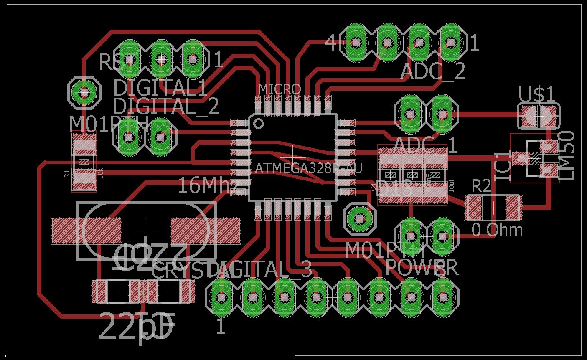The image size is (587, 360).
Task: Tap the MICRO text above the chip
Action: (280, 89)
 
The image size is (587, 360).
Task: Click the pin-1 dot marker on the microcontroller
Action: (259, 123)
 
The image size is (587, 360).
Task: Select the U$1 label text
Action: (537, 94)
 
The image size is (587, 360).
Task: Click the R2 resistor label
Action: (481, 186)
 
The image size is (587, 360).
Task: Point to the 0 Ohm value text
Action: (497, 230)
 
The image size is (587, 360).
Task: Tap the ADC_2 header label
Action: (433, 71)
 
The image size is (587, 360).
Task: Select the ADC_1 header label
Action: (425, 145)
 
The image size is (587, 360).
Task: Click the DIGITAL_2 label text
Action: (166, 106)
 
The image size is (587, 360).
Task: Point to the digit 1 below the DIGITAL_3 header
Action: (221, 326)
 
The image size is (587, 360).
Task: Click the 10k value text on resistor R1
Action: (100, 172)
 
